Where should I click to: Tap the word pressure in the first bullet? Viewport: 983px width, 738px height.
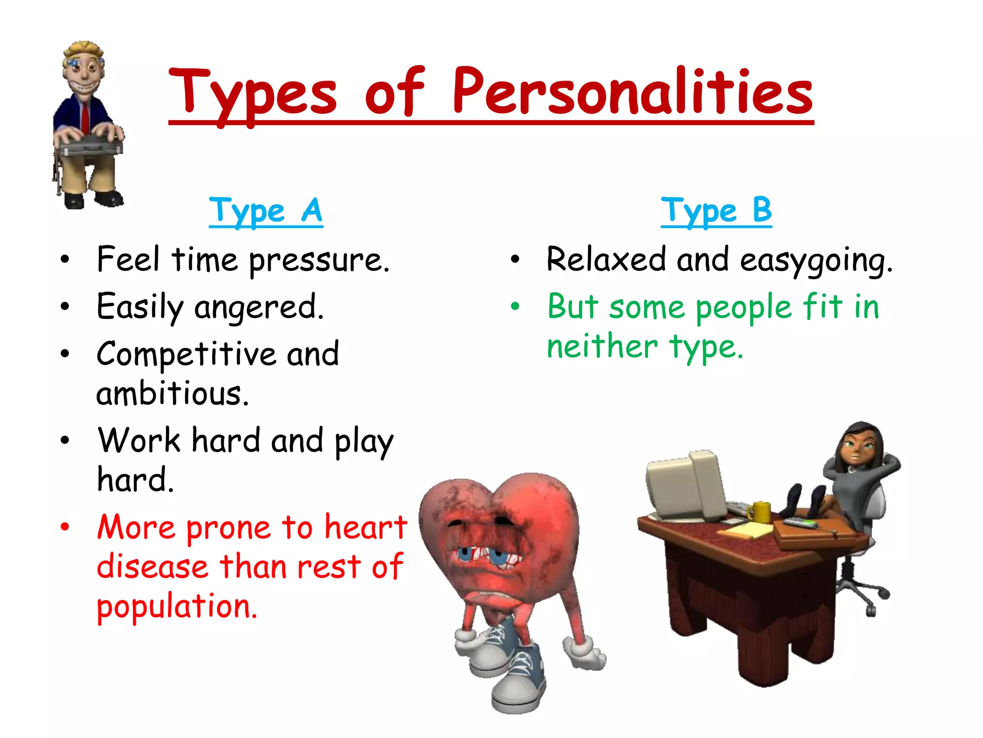(x=319, y=261)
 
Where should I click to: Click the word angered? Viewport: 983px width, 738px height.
(x=259, y=307)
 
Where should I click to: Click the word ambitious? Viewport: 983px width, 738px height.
(x=172, y=394)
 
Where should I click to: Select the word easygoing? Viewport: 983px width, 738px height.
(x=816, y=261)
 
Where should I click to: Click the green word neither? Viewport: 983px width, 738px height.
(x=602, y=347)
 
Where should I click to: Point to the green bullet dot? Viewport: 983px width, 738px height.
(x=515, y=306)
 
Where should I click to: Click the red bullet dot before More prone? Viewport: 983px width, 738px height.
(x=65, y=527)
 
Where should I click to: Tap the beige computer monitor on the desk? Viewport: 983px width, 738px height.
(x=686, y=485)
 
